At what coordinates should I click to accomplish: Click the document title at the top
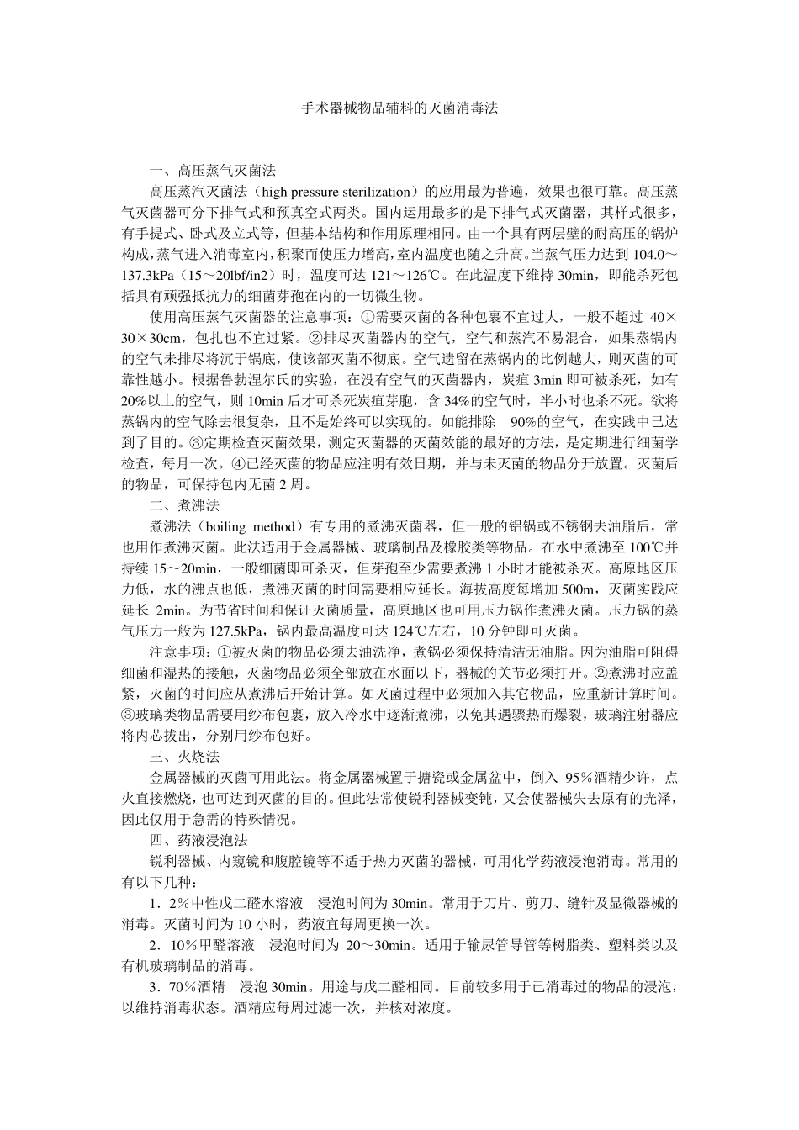(x=399, y=108)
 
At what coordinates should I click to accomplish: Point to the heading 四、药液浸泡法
(x=198, y=840)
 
